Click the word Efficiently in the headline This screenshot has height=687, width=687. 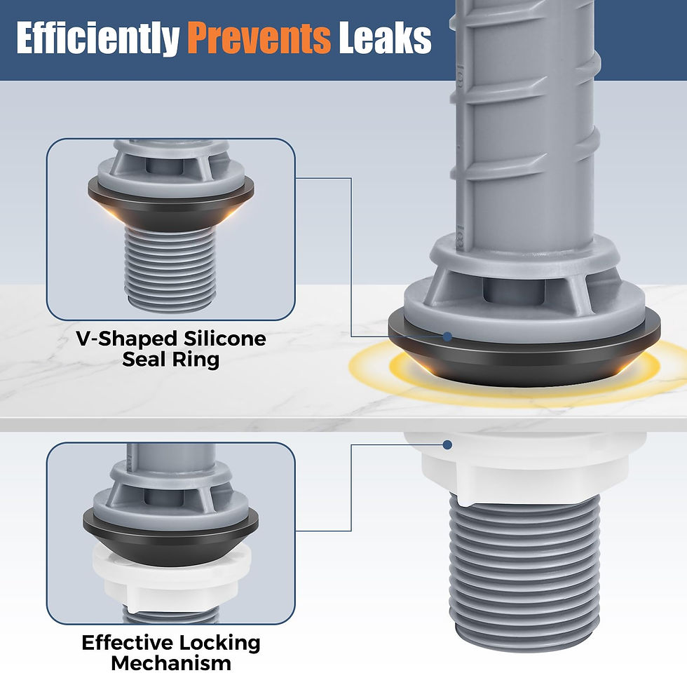point(98,39)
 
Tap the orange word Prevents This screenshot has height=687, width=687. point(259,38)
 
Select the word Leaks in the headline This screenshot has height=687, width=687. point(385,38)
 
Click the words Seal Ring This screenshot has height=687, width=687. point(170,360)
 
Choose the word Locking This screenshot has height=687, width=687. point(219,644)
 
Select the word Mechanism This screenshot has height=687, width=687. point(171,663)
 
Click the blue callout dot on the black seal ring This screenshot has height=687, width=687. point(447,336)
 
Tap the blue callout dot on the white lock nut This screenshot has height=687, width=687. point(447,444)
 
